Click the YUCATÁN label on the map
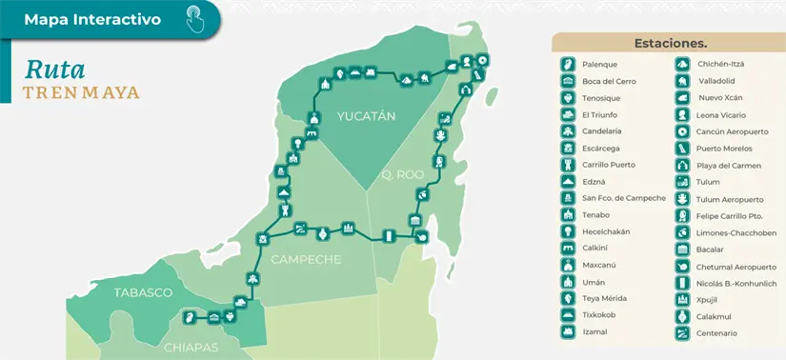coord(365,116)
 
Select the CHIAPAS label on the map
coord(191,347)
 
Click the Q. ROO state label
coord(400,175)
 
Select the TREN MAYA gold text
coord(81,92)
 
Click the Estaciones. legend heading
coord(670,43)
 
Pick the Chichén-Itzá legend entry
coord(720,65)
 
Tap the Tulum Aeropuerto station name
coord(730,199)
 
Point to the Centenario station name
coord(716,332)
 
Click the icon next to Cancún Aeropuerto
coord(682,131)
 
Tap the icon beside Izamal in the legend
coord(568,331)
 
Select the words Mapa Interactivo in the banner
coord(91,19)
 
